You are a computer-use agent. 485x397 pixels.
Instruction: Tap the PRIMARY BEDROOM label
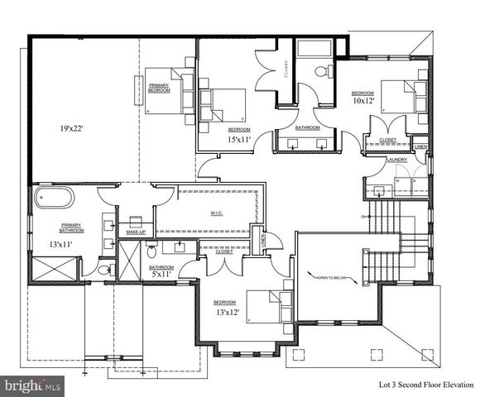[x=160, y=87]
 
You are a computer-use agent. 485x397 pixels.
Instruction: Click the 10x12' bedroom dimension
[x=364, y=101]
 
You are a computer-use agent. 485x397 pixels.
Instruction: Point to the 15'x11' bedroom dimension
[x=239, y=141]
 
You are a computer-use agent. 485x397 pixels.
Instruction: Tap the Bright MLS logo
[x=33, y=385]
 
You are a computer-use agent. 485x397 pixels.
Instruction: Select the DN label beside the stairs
[x=363, y=217]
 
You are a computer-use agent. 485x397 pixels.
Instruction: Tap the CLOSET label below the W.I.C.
[x=223, y=251]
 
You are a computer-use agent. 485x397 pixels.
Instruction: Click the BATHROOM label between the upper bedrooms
[x=308, y=127]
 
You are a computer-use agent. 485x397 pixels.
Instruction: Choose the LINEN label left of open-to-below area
[x=263, y=241]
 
